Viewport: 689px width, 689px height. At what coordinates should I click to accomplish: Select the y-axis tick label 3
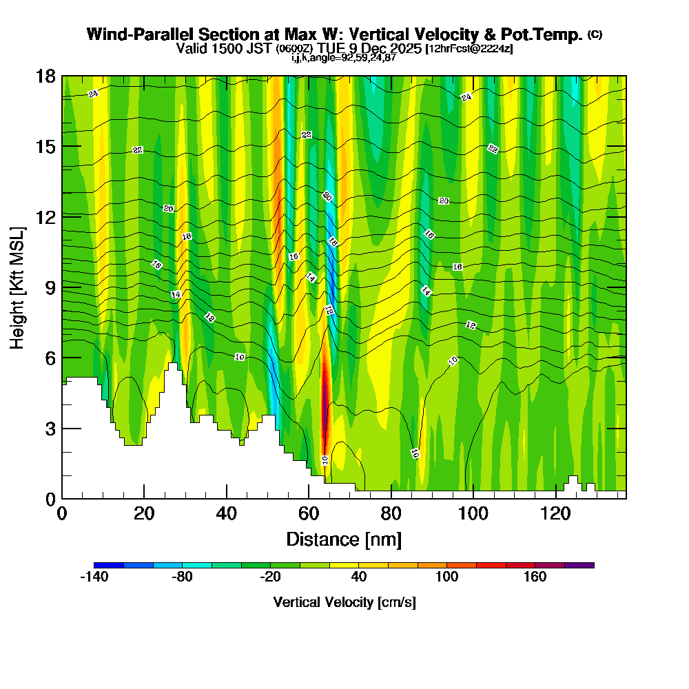(x=50, y=428)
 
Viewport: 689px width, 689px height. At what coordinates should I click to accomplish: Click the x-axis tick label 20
(x=143, y=513)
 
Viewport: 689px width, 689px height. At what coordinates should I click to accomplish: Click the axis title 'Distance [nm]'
(x=344, y=539)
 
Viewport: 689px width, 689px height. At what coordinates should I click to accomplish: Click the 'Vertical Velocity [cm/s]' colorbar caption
(x=344, y=602)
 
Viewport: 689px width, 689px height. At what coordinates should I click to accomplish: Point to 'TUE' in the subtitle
(x=331, y=48)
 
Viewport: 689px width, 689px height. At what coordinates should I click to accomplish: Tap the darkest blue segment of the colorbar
(x=109, y=565)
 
